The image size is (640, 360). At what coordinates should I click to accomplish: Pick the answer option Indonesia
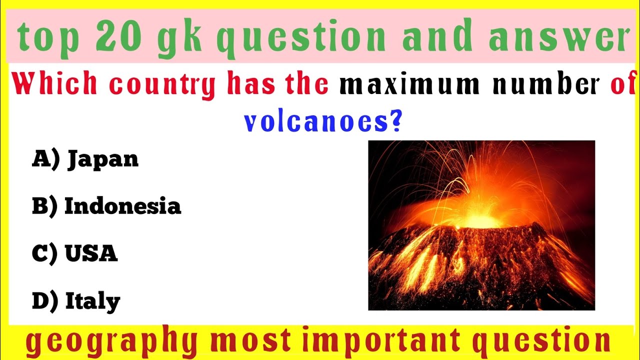pyautogui.click(x=122, y=206)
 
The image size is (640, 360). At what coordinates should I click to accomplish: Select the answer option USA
pyautogui.click(x=91, y=253)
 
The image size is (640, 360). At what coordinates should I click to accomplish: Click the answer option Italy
pyautogui.click(x=92, y=301)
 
